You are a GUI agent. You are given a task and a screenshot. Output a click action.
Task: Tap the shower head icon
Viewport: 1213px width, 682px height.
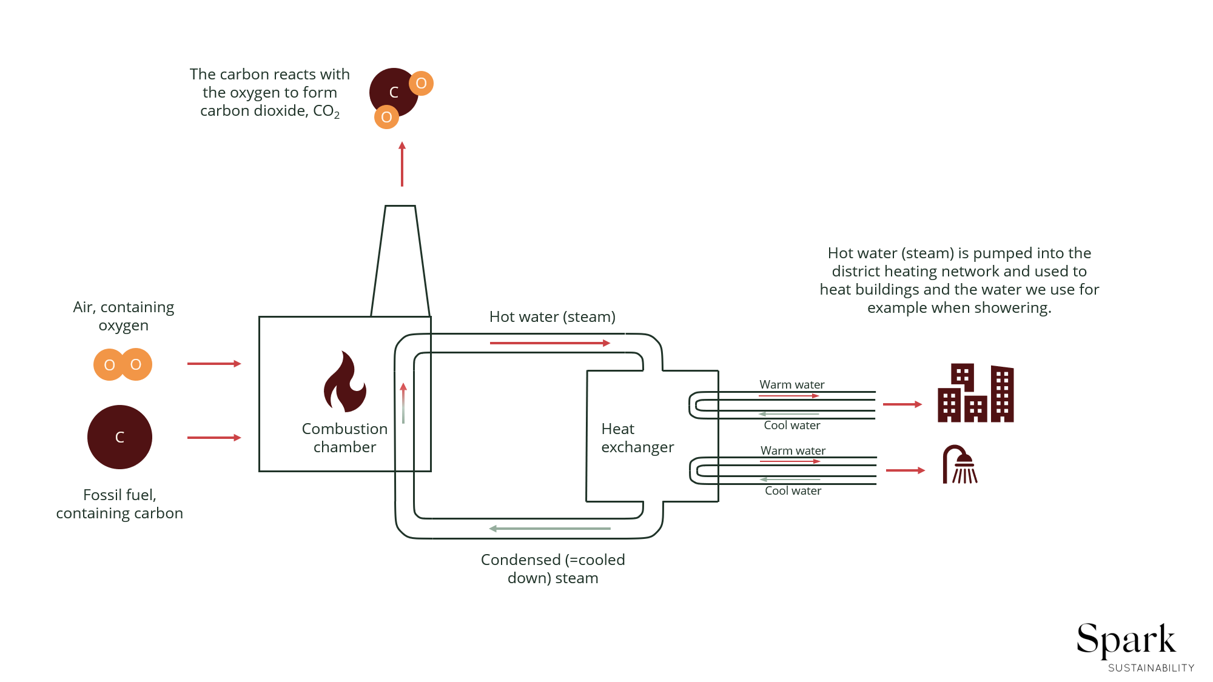(x=960, y=465)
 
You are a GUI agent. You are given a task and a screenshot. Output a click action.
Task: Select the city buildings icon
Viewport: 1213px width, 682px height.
(x=975, y=393)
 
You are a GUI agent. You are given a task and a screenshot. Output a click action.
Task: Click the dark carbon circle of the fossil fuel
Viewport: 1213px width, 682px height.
(x=119, y=437)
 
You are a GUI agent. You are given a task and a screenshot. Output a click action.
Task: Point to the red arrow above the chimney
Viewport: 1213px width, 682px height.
(x=402, y=164)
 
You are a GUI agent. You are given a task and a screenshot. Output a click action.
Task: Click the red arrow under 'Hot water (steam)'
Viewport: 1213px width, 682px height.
(x=549, y=343)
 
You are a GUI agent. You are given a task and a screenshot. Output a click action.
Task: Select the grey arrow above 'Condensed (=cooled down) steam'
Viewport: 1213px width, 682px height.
(x=549, y=529)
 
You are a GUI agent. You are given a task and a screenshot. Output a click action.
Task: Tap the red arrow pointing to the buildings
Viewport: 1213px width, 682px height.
(x=902, y=404)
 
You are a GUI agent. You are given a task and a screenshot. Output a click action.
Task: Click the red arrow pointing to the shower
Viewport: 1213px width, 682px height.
(x=906, y=470)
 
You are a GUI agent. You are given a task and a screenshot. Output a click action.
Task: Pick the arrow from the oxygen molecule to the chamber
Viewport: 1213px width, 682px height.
(x=214, y=364)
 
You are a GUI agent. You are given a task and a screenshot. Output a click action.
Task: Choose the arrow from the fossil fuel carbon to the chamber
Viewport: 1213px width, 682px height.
(x=214, y=438)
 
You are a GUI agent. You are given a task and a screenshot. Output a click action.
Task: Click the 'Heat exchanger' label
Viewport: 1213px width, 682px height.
(x=637, y=438)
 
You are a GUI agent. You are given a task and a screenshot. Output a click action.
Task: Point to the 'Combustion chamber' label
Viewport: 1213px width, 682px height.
(x=344, y=438)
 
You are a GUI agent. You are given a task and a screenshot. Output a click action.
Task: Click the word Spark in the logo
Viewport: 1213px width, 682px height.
(x=1126, y=640)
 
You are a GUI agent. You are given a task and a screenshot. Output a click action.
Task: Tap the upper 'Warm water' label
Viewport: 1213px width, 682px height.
(x=791, y=384)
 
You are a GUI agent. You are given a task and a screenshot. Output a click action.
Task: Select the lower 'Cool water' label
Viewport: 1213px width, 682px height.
(x=793, y=491)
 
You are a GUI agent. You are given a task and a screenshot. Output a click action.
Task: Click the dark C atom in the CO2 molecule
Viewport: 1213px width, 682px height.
(x=394, y=92)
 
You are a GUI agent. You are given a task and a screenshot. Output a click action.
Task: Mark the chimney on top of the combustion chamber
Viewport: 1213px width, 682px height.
(x=400, y=261)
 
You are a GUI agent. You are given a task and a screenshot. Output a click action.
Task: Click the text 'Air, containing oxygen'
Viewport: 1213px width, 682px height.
(x=124, y=316)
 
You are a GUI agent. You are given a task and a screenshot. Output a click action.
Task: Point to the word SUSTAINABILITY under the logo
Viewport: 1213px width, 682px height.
(x=1151, y=668)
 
